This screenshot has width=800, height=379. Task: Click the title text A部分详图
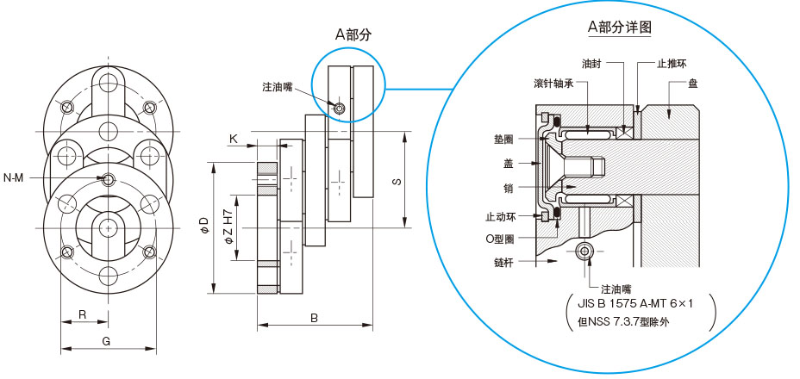(x=619, y=27)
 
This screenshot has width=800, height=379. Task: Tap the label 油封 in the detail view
(x=591, y=64)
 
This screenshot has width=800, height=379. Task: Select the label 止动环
(x=499, y=216)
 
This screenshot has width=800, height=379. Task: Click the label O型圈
(x=500, y=237)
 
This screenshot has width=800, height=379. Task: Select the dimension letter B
(x=315, y=318)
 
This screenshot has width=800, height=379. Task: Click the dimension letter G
(x=106, y=341)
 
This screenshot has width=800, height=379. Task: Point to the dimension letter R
(x=82, y=314)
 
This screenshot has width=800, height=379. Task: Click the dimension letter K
(x=233, y=138)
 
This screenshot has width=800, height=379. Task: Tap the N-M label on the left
(x=14, y=178)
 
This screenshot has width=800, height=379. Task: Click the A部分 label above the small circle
(x=353, y=34)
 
